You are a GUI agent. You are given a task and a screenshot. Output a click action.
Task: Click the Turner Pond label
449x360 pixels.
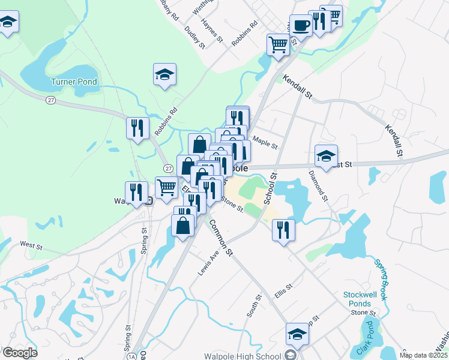74,82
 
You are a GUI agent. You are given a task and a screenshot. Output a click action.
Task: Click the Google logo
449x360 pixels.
20,353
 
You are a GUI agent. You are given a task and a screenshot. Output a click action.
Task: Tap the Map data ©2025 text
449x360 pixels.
424,356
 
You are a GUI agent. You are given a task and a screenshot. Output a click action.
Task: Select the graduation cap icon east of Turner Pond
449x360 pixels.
164,75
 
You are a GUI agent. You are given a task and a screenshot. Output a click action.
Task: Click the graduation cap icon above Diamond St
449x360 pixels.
326,157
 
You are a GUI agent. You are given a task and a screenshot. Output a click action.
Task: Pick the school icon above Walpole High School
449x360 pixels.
297,334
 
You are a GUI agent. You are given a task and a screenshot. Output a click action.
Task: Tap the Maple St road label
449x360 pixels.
265,144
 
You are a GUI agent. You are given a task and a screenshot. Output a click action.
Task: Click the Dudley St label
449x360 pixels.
195,37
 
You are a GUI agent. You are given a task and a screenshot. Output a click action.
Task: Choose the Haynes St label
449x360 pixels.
212,31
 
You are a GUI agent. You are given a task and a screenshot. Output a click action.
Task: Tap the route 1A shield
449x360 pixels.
132,356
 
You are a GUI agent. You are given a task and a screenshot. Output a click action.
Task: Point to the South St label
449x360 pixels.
254,305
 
